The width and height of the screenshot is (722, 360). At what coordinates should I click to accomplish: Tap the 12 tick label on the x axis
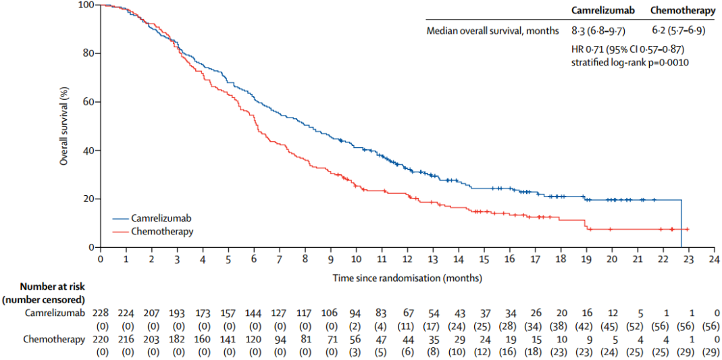tap(407, 259)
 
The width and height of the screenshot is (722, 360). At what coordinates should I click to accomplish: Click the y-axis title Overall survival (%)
tap(64, 126)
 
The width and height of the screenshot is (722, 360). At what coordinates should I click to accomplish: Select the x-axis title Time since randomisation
tap(407, 278)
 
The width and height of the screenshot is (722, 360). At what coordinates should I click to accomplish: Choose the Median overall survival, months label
tap(493, 30)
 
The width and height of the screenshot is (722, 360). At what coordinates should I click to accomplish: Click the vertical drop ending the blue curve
tap(681, 224)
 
